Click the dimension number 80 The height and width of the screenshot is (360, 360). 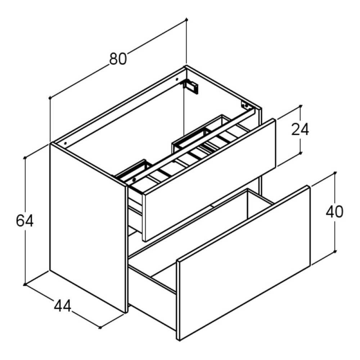(118, 59)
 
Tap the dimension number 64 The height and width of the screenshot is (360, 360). (25, 221)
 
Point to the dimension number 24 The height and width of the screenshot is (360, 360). (300, 130)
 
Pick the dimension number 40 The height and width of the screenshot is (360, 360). (334, 212)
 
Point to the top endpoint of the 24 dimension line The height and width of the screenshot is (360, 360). (301, 106)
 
